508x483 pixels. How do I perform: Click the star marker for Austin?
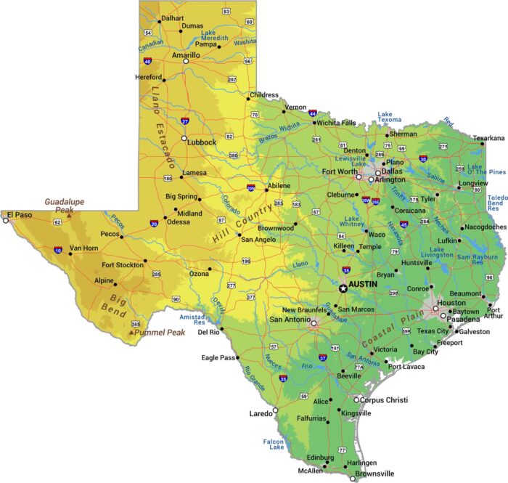(343, 288)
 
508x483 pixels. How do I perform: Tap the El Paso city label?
(20, 214)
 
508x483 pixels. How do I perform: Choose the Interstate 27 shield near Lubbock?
(185, 121)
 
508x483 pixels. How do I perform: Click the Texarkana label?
(488, 138)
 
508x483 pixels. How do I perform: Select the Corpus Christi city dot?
(356, 399)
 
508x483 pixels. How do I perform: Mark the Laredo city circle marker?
(275, 412)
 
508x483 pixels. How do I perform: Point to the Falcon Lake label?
(274, 445)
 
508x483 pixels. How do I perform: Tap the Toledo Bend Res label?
(497, 203)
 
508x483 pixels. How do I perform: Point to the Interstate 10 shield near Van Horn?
(57, 251)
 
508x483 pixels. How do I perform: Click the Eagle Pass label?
(219, 358)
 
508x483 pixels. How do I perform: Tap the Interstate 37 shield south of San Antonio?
(322, 358)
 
